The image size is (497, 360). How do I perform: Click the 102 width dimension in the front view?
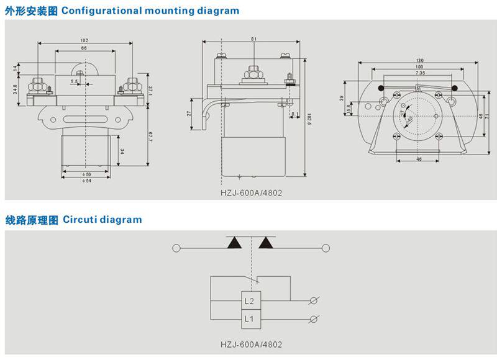84,40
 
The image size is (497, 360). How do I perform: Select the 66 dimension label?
84,48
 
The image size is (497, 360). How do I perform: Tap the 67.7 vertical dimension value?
150,137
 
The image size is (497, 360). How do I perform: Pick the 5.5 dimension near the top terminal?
75,81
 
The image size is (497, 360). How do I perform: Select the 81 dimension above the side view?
253,39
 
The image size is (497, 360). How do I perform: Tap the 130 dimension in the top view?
421,60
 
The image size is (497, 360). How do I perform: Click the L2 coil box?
249,301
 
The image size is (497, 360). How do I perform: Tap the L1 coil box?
249,319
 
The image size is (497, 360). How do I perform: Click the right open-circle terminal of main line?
324,248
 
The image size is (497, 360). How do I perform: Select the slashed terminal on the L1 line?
315,319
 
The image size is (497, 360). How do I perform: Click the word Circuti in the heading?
80,220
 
